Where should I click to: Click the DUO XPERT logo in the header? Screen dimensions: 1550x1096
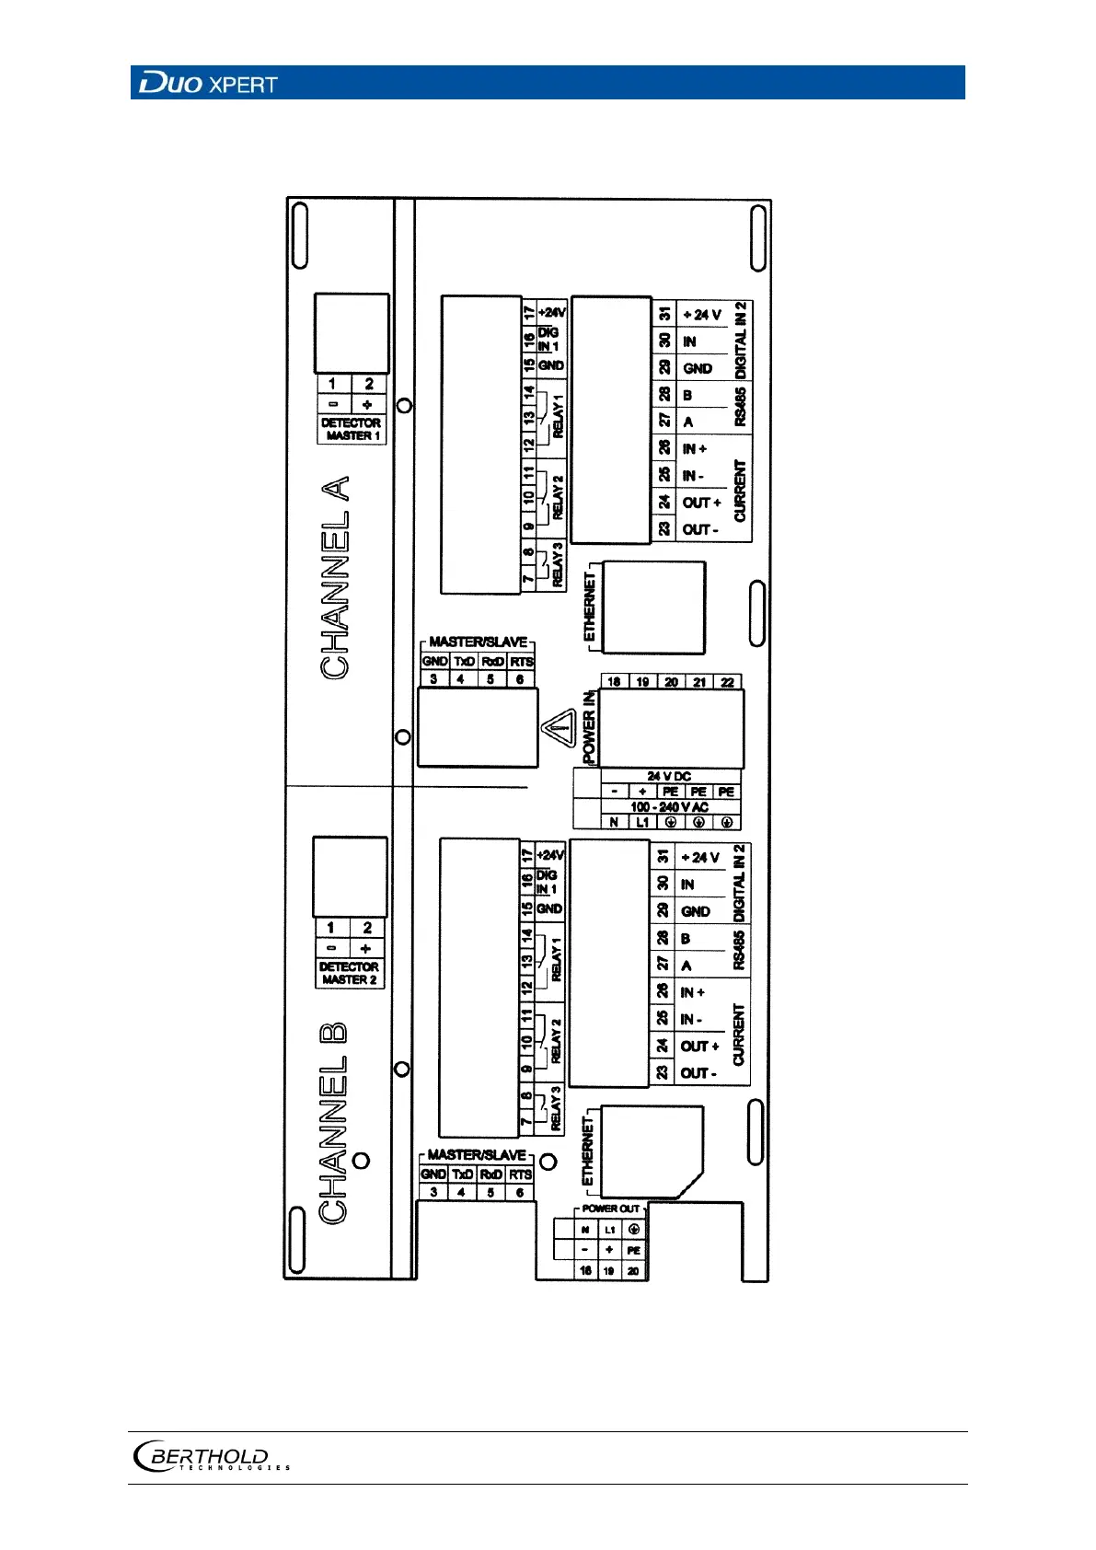(208, 84)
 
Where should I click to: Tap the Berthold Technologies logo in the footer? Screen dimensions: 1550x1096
(211, 1456)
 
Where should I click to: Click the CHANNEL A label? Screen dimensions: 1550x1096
(336, 578)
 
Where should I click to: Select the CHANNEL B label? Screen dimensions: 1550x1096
(333, 1122)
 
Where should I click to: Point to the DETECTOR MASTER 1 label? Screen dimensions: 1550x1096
(351, 429)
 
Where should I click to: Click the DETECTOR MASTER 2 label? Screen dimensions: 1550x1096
(349, 973)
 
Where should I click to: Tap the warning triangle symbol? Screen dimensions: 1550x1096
(558, 731)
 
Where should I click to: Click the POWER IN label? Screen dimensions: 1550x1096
(589, 727)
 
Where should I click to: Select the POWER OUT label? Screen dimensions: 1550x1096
(610, 1209)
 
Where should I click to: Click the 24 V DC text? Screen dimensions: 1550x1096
(669, 776)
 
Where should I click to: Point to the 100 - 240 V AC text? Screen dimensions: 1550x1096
(669, 807)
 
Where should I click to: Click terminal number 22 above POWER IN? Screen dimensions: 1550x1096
(728, 682)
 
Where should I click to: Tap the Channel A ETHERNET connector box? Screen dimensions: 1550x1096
(652, 607)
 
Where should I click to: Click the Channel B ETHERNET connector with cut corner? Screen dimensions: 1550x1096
(652, 1151)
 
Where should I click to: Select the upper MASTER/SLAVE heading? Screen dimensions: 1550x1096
(479, 642)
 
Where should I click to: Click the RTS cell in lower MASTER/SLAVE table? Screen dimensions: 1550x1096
(521, 1174)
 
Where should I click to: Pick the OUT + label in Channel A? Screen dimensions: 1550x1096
(701, 503)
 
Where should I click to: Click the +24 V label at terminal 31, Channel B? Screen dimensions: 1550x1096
(700, 857)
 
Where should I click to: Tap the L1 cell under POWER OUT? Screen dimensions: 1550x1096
(609, 1230)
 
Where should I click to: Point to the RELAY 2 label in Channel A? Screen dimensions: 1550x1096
(558, 497)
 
